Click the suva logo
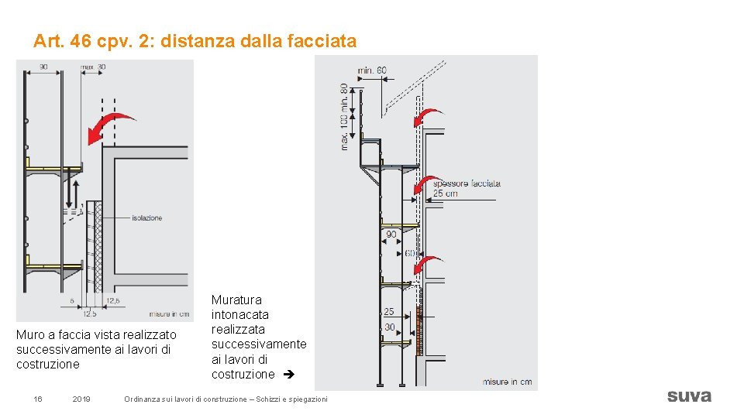[688, 396]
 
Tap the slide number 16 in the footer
[37, 399]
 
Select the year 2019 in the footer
[81, 399]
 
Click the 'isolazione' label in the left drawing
[146, 218]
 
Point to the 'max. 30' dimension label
[94, 67]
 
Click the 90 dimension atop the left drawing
[44, 67]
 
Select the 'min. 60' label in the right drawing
[372, 70]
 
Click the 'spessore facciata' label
[467, 183]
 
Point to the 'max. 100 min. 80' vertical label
[344, 116]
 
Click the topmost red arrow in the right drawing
[427, 117]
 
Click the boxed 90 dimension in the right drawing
[391, 234]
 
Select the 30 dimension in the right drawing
[389, 327]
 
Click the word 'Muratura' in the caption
[236, 300]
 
